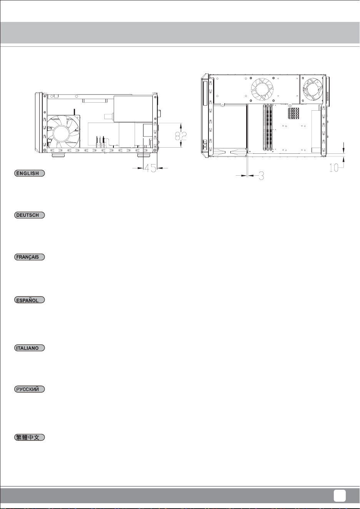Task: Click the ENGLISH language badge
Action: pyautogui.click(x=29, y=173)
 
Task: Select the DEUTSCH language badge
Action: pyautogui.click(x=29, y=215)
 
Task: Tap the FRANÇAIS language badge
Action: pyautogui.click(x=29, y=257)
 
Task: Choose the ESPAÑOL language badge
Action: pyautogui.click(x=29, y=300)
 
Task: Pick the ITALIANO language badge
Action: pyautogui.click(x=29, y=348)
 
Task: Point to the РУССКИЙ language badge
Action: pyautogui.click(x=29, y=389)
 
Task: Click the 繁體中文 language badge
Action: pyautogui.click(x=29, y=437)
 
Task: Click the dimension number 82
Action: pyautogui.click(x=181, y=136)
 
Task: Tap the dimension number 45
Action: pyautogui.click(x=150, y=168)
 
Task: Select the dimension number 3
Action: pyautogui.click(x=262, y=175)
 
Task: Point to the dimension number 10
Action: pyautogui.click(x=334, y=168)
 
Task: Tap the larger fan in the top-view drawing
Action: pyautogui.click(x=262, y=89)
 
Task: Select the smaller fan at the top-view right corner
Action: pyautogui.click(x=312, y=89)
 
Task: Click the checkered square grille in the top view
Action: pyautogui.click(x=293, y=113)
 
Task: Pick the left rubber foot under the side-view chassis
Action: pyautogui.click(x=58, y=156)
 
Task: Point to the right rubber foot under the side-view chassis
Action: pyautogui.click(x=143, y=156)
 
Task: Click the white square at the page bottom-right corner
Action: pyautogui.click(x=340, y=496)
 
